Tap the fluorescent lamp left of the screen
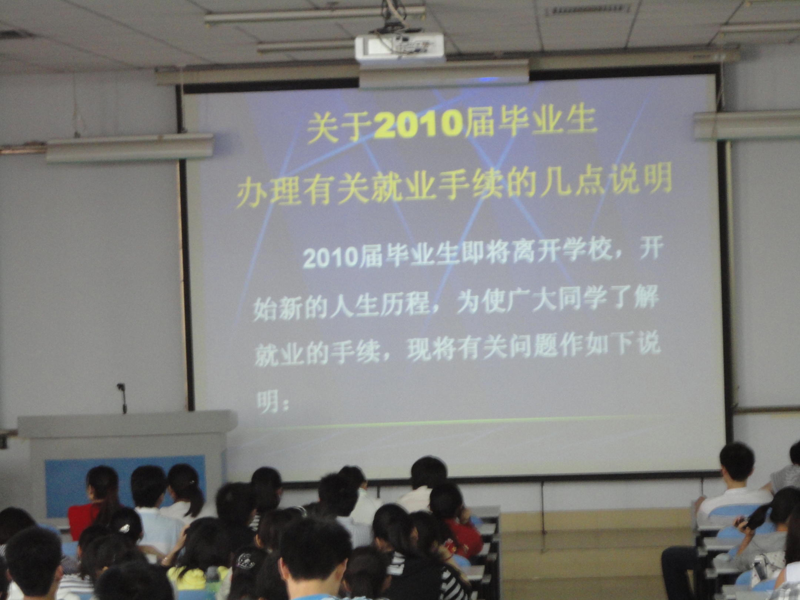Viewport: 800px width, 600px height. [x=130, y=149]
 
